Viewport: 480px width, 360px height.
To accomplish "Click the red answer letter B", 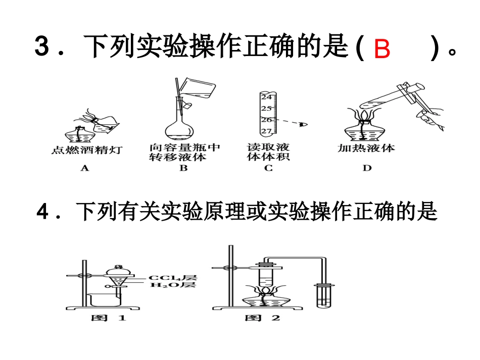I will [x=382, y=49].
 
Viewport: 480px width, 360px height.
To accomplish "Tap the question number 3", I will [x=41, y=47].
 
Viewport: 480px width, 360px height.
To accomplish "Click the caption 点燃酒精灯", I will [x=86, y=150].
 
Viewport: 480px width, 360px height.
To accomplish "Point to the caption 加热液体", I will [x=366, y=148].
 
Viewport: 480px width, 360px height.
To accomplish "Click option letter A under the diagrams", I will [x=84, y=168].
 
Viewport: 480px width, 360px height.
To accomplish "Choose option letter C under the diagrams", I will [x=268, y=168].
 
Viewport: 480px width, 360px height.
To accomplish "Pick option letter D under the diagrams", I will [x=366, y=168].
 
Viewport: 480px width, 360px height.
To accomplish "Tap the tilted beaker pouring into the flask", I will [x=199, y=91].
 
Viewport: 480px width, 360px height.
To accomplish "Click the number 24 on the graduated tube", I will [x=267, y=97].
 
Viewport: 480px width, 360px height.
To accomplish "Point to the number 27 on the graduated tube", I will [x=267, y=131].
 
